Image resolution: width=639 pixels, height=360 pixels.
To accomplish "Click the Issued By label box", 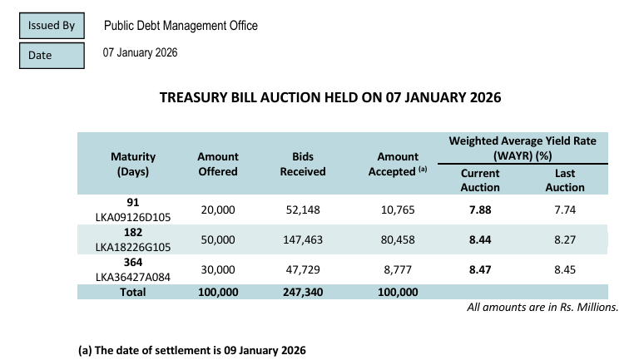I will tap(52, 26).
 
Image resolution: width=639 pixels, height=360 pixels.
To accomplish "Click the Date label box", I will tap(52, 55).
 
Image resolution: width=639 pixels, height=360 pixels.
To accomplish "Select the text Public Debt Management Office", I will tap(181, 26).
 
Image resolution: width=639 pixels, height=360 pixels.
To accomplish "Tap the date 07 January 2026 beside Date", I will tap(140, 53).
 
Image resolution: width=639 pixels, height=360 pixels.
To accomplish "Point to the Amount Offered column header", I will tap(217, 164).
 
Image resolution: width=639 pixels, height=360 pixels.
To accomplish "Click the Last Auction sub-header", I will tap(570, 180).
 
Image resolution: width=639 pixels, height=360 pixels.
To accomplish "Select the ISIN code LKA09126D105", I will tap(133, 218).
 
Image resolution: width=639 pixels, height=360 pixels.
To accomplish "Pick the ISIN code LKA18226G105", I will tap(133, 247).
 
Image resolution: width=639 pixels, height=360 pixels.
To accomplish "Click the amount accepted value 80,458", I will tap(398, 239).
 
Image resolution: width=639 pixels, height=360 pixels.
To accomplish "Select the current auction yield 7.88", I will tap(480, 210).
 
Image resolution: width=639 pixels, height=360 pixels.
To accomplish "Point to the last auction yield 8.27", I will tap(570, 239).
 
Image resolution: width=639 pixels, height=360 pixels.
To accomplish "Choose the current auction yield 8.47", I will tap(480, 269).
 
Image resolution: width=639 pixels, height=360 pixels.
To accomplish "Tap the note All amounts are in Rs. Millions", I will tap(543, 307).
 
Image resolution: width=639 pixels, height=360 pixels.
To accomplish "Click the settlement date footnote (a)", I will tap(192, 350).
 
